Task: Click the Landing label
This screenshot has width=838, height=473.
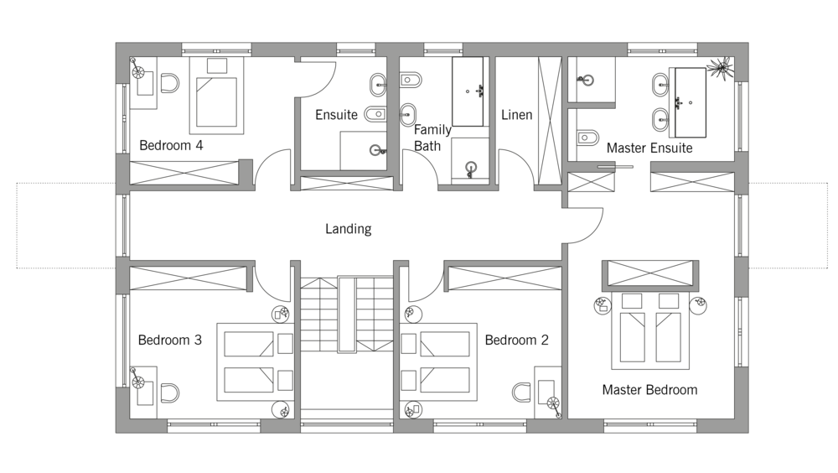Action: pyautogui.click(x=348, y=229)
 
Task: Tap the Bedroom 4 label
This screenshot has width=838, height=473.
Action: pyautogui.click(x=171, y=146)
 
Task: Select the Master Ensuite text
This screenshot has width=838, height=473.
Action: pyautogui.click(x=649, y=148)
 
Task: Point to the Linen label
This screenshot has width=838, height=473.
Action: pyautogui.click(x=517, y=115)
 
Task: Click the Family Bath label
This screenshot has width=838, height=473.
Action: pyautogui.click(x=432, y=138)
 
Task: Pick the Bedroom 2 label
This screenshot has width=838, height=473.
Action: pyautogui.click(x=516, y=340)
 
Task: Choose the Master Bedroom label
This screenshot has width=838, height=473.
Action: pyautogui.click(x=649, y=390)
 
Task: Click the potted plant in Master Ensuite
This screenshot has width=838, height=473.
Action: pyautogui.click(x=719, y=68)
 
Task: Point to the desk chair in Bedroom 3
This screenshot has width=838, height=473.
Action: pyautogui.click(x=170, y=392)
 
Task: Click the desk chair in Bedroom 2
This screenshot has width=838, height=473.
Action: pyautogui.click(x=521, y=392)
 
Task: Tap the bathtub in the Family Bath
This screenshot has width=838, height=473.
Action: pyautogui.click(x=468, y=91)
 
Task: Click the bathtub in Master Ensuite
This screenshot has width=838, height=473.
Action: pyautogui.click(x=691, y=102)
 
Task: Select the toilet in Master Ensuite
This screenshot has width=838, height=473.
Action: pyautogui.click(x=588, y=138)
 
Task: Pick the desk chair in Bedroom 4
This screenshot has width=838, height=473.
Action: pyautogui.click(x=170, y=84)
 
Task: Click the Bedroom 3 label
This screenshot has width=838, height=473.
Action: pyautogui.click(x=170, y=340)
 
